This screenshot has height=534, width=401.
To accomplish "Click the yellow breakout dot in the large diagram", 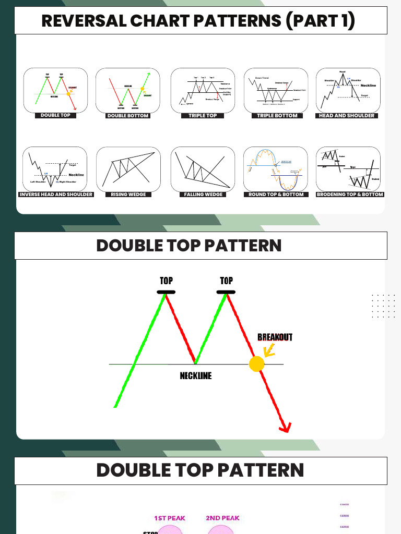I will (256, 364).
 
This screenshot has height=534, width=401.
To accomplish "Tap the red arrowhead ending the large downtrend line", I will (285, 428).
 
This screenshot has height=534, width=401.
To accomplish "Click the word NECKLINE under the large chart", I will (196, 375).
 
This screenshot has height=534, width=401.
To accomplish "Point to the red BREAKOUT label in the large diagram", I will (275, 337).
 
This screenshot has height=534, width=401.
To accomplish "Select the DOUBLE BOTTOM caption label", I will (128, 116).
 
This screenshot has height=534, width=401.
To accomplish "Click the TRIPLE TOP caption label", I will (203, 116).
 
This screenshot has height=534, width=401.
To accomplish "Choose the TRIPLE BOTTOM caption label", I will (277, 116).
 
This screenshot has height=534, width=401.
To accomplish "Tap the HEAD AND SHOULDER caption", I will (347, 116).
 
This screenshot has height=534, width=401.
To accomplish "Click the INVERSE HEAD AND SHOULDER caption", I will (56, 195).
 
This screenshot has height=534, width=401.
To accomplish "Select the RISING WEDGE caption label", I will (128, 195).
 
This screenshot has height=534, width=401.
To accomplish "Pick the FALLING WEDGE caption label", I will (203, 195).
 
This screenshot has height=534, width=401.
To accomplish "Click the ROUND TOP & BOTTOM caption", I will (277, 195).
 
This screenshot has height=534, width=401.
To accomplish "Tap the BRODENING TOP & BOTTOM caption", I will (350, 195).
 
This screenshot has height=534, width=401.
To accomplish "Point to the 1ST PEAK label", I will (170, 518).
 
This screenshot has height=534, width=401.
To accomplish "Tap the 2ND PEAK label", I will (222, 518).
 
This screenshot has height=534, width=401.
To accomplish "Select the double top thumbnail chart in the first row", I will (55, 90).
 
